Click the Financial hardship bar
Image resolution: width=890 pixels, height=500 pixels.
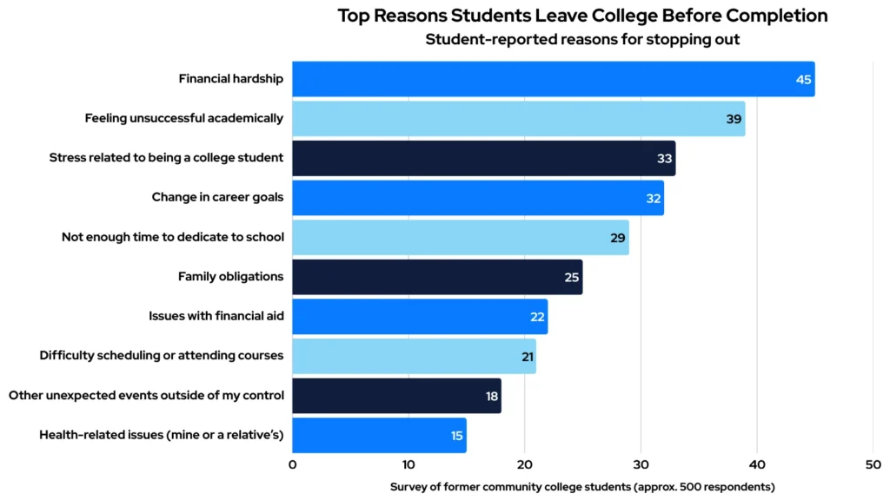click(x=553, y=79)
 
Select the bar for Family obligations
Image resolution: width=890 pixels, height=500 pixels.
click(x=437, y=277)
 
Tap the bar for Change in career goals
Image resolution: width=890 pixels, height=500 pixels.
click(x=477, y=198)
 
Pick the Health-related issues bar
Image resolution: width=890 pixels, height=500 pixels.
click(x=379, y=436)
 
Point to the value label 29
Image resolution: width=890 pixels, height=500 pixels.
click(x=618, y=238)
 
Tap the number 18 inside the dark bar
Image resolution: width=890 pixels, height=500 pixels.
click(x=491, y=397)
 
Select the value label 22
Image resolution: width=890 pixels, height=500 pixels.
click(x=537, y=317)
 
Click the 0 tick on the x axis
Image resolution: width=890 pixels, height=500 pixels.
click(x=292, y=464)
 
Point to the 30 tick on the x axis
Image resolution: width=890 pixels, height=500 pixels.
click(x=641, y=464)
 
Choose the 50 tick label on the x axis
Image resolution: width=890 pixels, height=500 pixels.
click(x=873, y=464)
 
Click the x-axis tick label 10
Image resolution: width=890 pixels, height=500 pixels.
click(x=408, y=464)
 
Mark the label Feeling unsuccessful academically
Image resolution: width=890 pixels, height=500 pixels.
click(x=184, y=118)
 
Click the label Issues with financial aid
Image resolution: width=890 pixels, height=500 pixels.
click(x=216, y=316)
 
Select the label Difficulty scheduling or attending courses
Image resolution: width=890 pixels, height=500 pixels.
click(x=162, y=356)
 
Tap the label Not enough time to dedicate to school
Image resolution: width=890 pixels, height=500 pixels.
click(x=173, y=237)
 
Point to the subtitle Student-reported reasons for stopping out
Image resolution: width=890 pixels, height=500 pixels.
click(x=582, y=39)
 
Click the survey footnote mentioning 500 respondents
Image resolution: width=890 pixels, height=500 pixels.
click(x=582, y=486)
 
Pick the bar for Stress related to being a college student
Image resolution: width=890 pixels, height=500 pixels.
click(x=483, y=158)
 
